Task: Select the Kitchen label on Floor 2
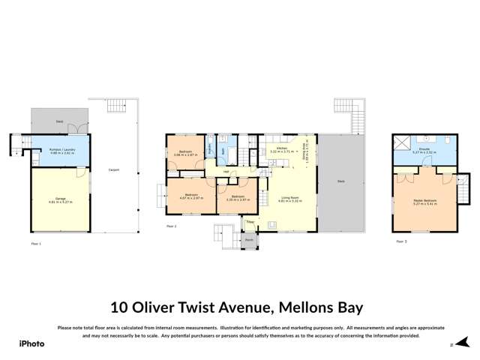click(x=282, y=148)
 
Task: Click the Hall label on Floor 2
click(x=226, y=171)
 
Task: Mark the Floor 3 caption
click(x=401, y=241)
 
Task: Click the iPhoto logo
click(x=31, y=343)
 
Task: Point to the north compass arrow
click(x=449, y=345)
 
